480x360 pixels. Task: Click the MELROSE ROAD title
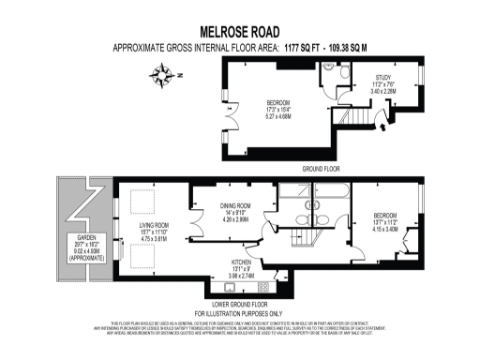point(240,32)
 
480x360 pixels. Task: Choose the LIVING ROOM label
point(153,226)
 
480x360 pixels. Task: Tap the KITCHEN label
point(243,263)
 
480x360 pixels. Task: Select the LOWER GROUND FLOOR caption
point(239,305)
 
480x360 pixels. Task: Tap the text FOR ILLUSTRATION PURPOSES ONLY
point(239,313)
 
